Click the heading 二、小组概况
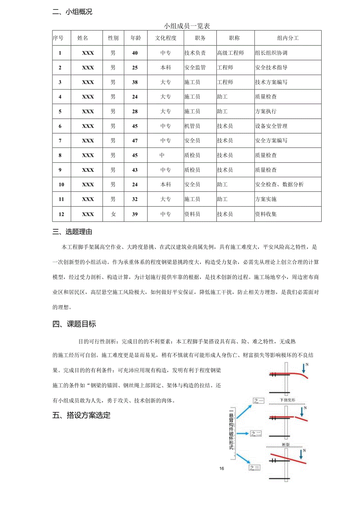(x=72, y=12)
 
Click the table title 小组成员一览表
(x=187, y=26)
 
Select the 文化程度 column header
(x=166, y=38)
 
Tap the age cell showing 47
(x=135, y=140)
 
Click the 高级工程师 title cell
(x=230, y=53)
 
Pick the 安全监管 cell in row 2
(x=195, y=67)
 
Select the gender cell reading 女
(x=113, y=214)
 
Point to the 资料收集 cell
(x=266, y=214)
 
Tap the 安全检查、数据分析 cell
(x=279, y=184)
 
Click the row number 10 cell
(x=61, y=184)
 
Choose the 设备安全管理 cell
(x=271, y=126)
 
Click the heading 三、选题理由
(x=72, y=232)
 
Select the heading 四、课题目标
(x=74, y=324)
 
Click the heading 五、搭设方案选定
(x=81, y=415)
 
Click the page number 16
(x=222, y=469)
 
